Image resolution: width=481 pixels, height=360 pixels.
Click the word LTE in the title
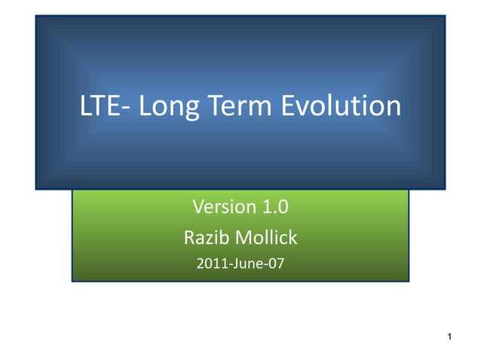(97, 106)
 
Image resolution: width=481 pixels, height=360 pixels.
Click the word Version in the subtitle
(222, 206)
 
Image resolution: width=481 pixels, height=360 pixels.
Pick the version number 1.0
(275, 206)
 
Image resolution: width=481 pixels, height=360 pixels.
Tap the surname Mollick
(265, 239)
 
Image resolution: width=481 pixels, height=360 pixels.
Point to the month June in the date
(241, 264)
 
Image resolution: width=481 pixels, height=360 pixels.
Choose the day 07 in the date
(276, 264)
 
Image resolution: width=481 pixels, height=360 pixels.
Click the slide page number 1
(449, 336)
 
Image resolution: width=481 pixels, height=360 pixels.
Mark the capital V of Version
(199, 206)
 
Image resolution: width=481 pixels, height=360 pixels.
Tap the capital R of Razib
(189, 239)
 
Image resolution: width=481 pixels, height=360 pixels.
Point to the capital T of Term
(212, 106)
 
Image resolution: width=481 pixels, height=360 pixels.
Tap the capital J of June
(229, 264)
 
